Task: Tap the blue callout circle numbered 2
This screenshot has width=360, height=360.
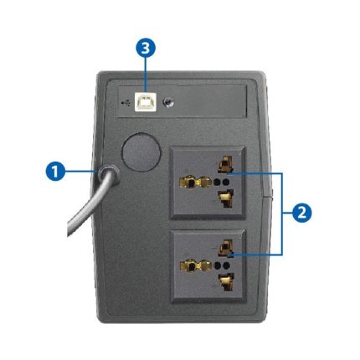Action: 301,213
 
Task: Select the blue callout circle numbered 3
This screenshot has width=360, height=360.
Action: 146,48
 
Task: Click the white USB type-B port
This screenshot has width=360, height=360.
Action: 145,102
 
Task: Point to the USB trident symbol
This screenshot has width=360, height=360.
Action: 126,103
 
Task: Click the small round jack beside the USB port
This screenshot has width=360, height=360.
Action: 168,102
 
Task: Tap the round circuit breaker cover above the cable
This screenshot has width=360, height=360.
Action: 141,152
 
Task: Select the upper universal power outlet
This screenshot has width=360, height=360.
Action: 208,183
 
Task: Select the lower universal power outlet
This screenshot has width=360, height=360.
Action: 208,266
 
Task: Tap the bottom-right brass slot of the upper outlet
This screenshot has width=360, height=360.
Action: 226,198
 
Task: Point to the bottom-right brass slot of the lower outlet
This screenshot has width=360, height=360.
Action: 227,282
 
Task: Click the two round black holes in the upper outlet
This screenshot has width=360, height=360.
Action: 222,183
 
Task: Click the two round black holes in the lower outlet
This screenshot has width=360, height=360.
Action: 222,265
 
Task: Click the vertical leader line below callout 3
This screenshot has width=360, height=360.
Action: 146,75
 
